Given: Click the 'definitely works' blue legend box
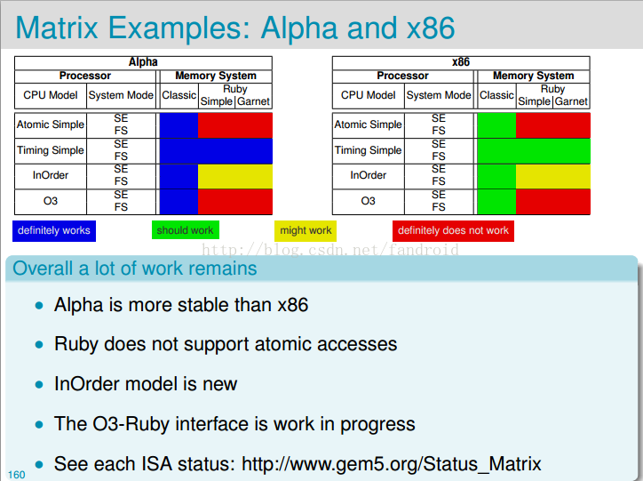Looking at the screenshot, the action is click(54, 231).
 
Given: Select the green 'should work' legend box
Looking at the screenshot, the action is click(186, 229).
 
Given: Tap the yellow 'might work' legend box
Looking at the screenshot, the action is click(306, 230).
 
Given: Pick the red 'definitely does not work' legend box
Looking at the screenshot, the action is click(453, 230).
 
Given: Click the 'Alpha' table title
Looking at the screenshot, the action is click(143, 62).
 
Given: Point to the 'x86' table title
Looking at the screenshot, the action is click(461, 62).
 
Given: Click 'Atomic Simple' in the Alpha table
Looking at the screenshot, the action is click(51, 124).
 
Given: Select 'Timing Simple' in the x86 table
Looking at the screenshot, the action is click(368, 150).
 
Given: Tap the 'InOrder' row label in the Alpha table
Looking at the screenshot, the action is click(51, 175).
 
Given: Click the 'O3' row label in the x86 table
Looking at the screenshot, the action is click(368, 201).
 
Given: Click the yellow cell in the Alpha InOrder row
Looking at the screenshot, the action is click(235, 176).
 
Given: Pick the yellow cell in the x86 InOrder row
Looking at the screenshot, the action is click(552, 176).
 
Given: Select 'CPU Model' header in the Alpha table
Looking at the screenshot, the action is click(51, 95).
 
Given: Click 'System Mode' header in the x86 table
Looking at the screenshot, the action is click(439, 95).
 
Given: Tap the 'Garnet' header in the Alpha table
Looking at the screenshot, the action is click(253, 101).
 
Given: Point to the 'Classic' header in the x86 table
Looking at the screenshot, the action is click(496, 95).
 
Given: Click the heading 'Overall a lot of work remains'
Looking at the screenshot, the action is click(135, 269).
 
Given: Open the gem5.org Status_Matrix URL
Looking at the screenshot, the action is click(391, 464).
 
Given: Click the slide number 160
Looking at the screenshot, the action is click(16, 475).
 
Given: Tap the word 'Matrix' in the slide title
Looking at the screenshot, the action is click(57, 28).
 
